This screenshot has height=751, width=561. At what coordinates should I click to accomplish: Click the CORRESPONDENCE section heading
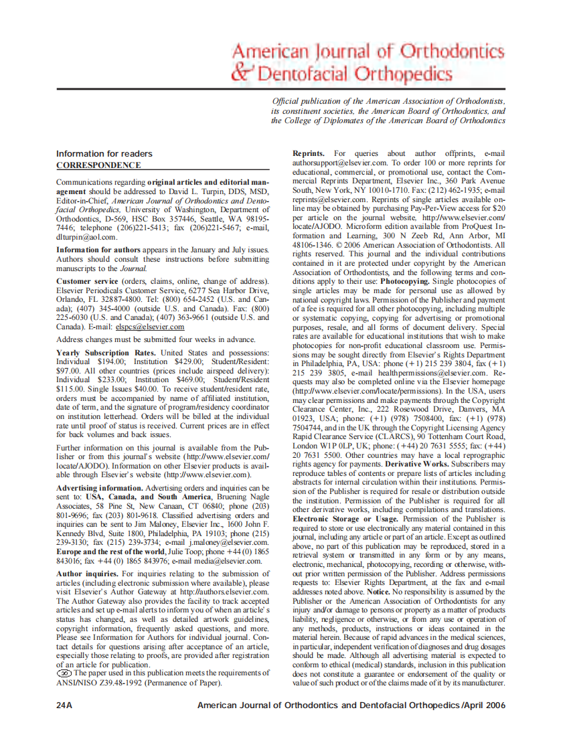click(x=98, y=165)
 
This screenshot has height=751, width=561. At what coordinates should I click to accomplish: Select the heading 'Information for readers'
click(x=104, y=154)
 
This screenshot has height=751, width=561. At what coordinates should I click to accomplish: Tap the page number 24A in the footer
click(x=65, y=705)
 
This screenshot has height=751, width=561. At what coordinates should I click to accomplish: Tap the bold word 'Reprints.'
click(x=309, y=154)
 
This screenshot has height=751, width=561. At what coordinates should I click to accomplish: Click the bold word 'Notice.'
click(x=378, y=592)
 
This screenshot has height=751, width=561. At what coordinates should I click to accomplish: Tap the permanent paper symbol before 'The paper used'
click(x=64, y=673)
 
